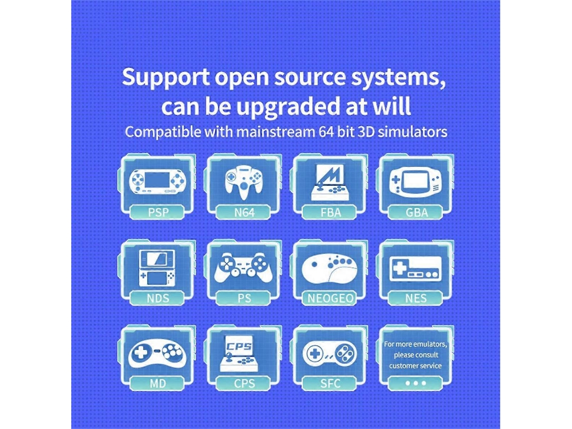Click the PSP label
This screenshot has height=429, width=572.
point(158,212)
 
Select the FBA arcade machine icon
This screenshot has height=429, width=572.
point(330,182)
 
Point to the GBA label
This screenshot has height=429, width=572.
point(416,212)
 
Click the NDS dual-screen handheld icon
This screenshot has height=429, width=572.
point(157,268)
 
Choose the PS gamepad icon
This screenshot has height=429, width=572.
point(244,267)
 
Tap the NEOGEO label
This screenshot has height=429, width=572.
point(330,299)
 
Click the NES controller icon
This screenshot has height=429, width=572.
point(415,269)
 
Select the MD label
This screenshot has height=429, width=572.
point(158,383)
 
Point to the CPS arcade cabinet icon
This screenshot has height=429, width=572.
point(239,354)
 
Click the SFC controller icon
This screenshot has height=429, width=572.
point(330,354)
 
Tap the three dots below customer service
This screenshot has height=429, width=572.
point(416,383)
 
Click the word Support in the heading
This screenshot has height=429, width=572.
point(166,77)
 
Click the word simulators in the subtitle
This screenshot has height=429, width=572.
point(412,131)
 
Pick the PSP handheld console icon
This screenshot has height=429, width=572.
point(157,181)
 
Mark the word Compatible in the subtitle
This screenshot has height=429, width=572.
point(163,132)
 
